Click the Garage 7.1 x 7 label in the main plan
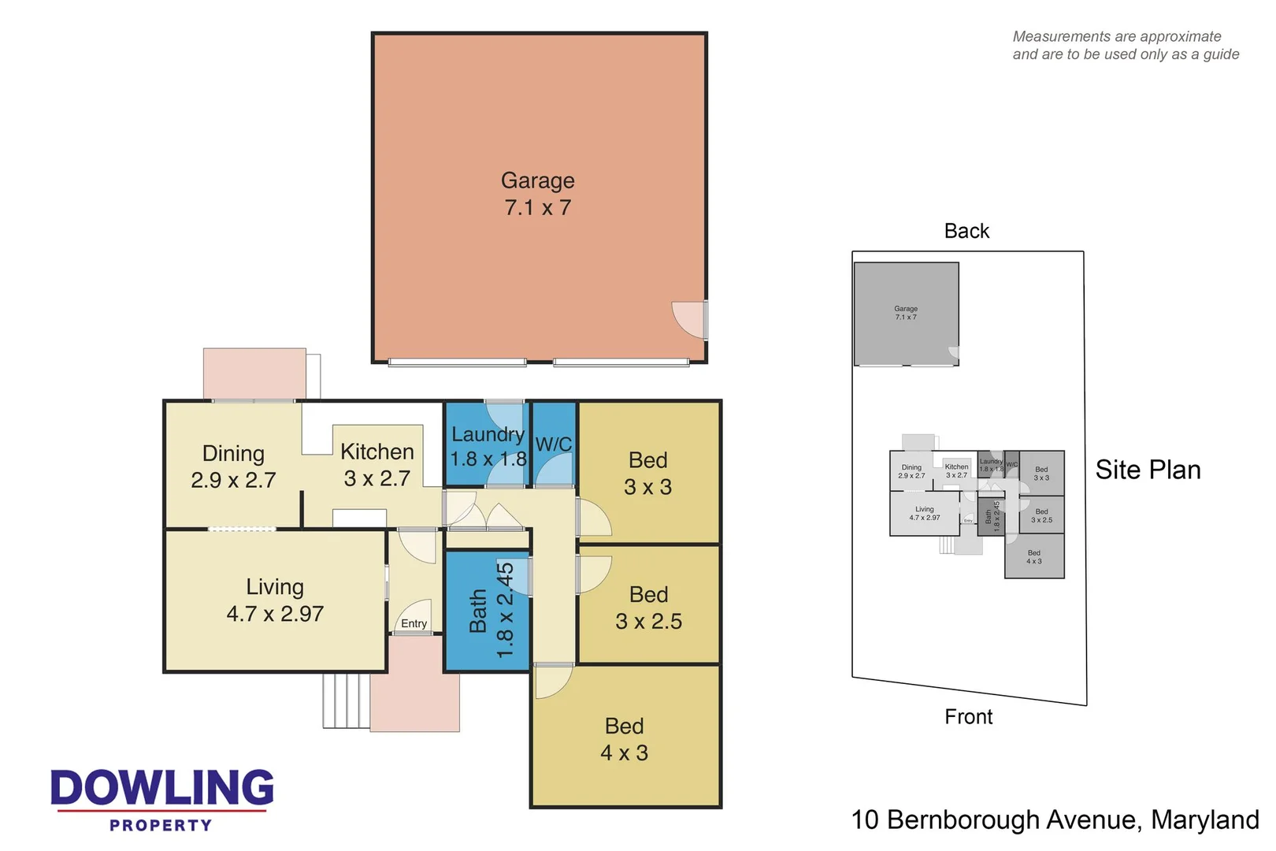538,194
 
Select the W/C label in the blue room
554,444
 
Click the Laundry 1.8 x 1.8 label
488,447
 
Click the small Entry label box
414,623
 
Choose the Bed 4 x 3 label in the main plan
624,739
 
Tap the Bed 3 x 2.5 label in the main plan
648,608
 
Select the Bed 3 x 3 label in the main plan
647,473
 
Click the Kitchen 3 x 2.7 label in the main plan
377,465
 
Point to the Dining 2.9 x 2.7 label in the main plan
233,466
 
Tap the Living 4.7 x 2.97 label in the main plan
275,600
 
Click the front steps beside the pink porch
346,700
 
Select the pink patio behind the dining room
254,373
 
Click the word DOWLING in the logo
162,788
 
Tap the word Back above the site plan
966,231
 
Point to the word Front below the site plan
968,717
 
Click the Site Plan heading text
1148,470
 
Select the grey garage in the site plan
906,314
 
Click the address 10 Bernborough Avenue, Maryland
1055,819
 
